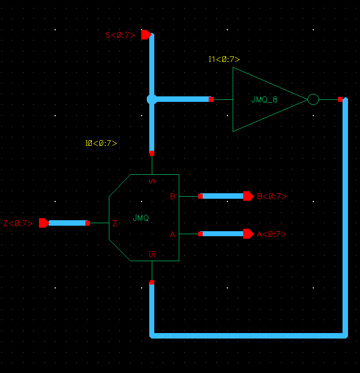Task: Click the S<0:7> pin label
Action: [x=120, y=35]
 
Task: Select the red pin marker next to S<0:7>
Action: [x=146, y=35]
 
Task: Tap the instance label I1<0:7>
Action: [x=224, y=59]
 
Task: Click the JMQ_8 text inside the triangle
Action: [x=264, y=99]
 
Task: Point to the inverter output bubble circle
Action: [x=313, y=99]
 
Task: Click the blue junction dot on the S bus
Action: [x=152, y=99]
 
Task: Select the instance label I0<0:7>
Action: [x=101, y=143]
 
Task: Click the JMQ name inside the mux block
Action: [x=141, y=218]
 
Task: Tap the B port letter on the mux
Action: [x=172, y=196]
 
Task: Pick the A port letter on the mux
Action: [x=172, y=234]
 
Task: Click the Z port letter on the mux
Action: [x=115, y=223]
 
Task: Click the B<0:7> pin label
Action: [x=272, y=196]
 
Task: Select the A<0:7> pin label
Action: [x=272, y=234]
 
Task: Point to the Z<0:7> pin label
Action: [x=18, y=223]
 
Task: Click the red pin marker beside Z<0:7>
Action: [x=43, y=223]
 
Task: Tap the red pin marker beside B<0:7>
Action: [x=248, y=196]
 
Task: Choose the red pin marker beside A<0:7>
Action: [x=248, y=234]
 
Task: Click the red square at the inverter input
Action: [x=211, y=99]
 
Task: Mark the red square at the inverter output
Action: [x=340, y=99]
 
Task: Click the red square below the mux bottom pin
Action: [x=152, y=283]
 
